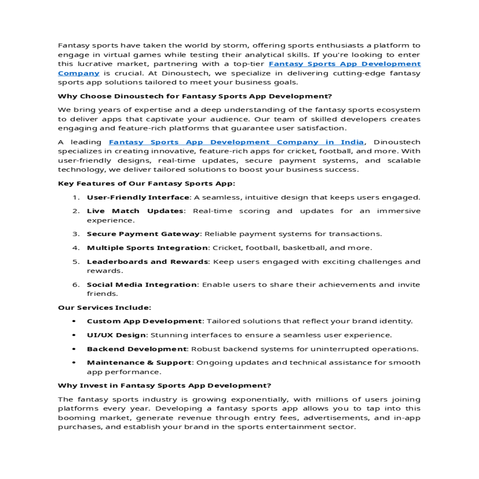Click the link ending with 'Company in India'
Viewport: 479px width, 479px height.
pyautogui.click(x=236, y=142)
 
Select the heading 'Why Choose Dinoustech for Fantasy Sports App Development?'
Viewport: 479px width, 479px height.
pyautogui.click(x=195, y=96)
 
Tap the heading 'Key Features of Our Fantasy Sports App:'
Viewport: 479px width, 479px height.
pyautogui.click(x=146, y=184)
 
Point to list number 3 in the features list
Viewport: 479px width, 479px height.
pyautogui.click(x=76, y=234)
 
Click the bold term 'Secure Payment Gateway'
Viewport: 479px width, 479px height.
pyautogui.click(x=143, y=234)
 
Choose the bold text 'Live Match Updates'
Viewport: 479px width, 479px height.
pyautogui.click(x=135, y=211)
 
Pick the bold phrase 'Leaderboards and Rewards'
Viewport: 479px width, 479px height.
pyautogui.click(x=147, y=262)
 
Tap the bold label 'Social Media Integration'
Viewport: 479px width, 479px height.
pyautogui.click(x=142, y=285)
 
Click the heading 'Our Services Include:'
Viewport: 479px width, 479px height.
pyautogui.click(x=105, y=308)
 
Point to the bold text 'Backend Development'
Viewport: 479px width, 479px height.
pyautogui.click(x=137, y=349)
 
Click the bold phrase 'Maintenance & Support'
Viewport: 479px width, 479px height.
pyautogui.click(x=139, y=363)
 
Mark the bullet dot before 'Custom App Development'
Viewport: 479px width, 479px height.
pyautogui.click(x=74, y=321)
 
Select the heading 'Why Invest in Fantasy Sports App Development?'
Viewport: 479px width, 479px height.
pyautogui.click(x=164, y=386)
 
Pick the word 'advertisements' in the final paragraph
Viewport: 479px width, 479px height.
pyautogui.click(x=336, y=418)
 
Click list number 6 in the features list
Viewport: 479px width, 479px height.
pyautogui.click(x=76, y=285)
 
